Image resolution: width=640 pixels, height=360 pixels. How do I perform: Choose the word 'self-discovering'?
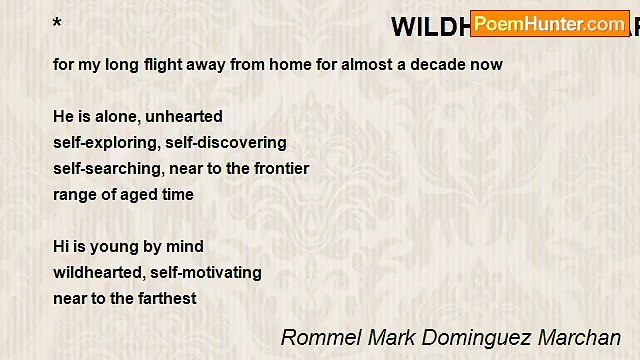pos(224,143)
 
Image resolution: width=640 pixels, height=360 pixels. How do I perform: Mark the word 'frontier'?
pos(279,169)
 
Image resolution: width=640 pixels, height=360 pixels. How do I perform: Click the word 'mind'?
pos(186,246)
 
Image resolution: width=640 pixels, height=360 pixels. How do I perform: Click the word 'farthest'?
pos(166,298)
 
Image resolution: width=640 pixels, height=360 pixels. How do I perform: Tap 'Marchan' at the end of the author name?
pos(580,337)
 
